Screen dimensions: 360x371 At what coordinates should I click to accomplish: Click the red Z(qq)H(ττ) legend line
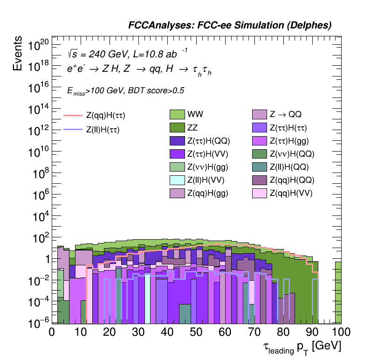pyautogui.click(x=73, y=115)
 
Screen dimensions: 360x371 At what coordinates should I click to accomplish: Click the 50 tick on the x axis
pyautogui.click(x=196, y=332)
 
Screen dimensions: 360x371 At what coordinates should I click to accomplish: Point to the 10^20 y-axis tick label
pyautogui.click(x=38, y=46)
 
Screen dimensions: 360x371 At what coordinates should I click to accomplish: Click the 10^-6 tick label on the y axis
pyautogui.click(x=38, y=323)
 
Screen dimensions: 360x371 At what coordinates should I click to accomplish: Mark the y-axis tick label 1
pyautogui.click(x=45, y=260)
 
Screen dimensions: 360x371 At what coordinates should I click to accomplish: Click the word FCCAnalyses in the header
pyautogui.click(x=157, y=26)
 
